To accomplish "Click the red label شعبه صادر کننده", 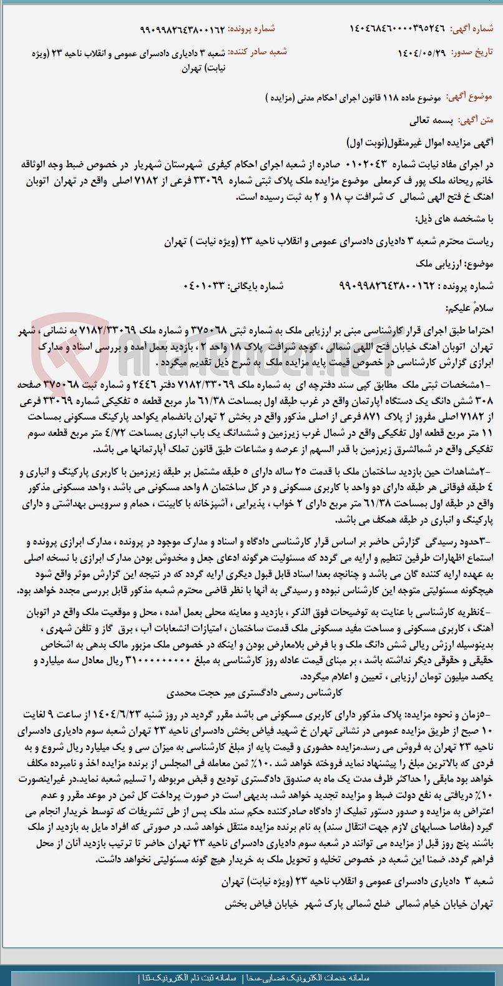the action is pyautogui.click(x=257, y=52).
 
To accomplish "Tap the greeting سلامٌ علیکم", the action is pyautogui.click(x=469, y=308).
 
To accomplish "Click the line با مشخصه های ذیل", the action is pyautogui.click(x=454, y=219).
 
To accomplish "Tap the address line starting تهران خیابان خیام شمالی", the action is pyautogui.click(x=359, y=904).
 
